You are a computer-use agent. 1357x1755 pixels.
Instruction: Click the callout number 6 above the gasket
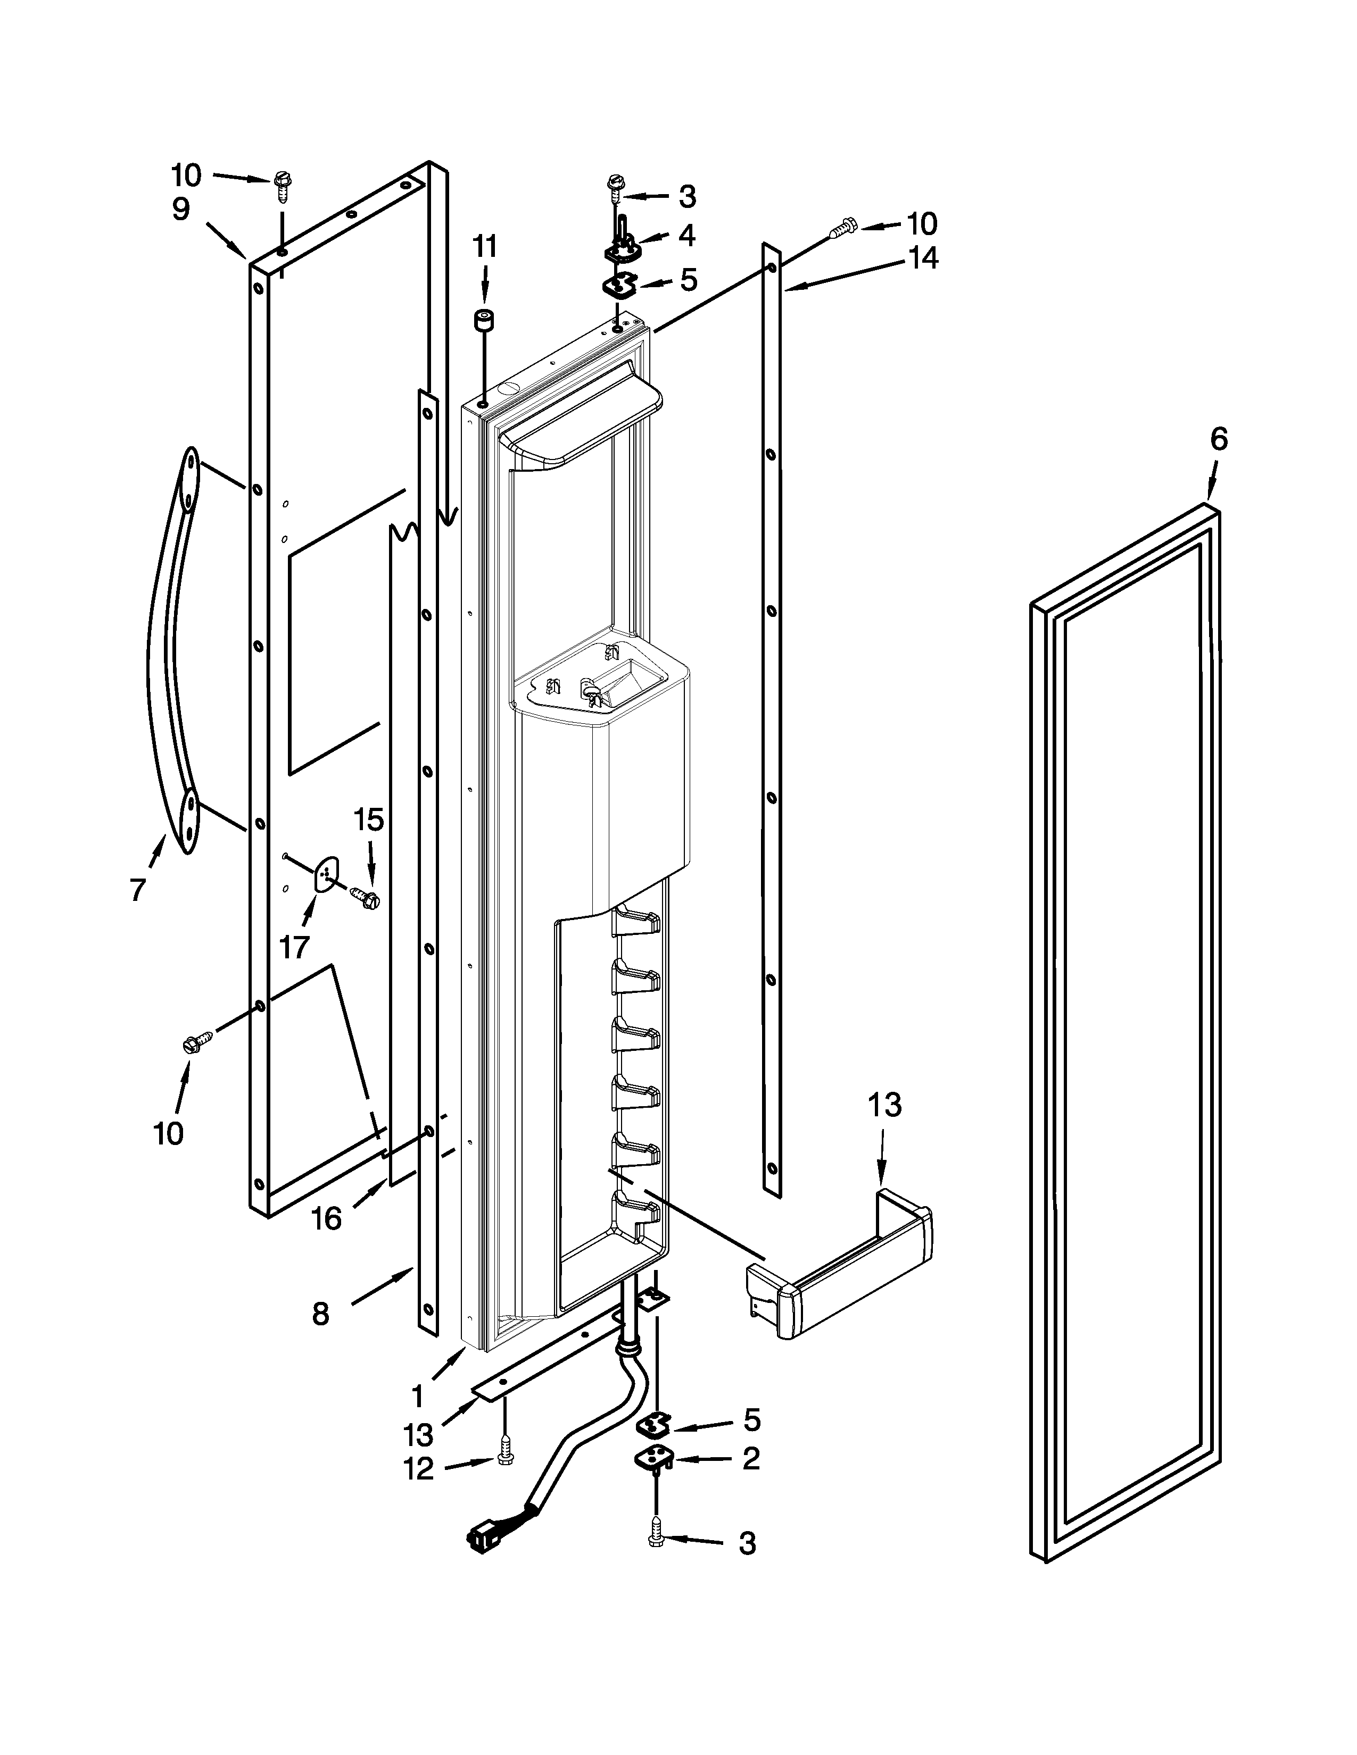1219,440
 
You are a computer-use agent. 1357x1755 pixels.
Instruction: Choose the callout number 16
326,1219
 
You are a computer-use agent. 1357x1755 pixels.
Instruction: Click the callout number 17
294,947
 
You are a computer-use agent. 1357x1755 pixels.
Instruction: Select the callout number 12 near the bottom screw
419,1469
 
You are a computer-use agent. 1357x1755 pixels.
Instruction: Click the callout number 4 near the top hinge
686,236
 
